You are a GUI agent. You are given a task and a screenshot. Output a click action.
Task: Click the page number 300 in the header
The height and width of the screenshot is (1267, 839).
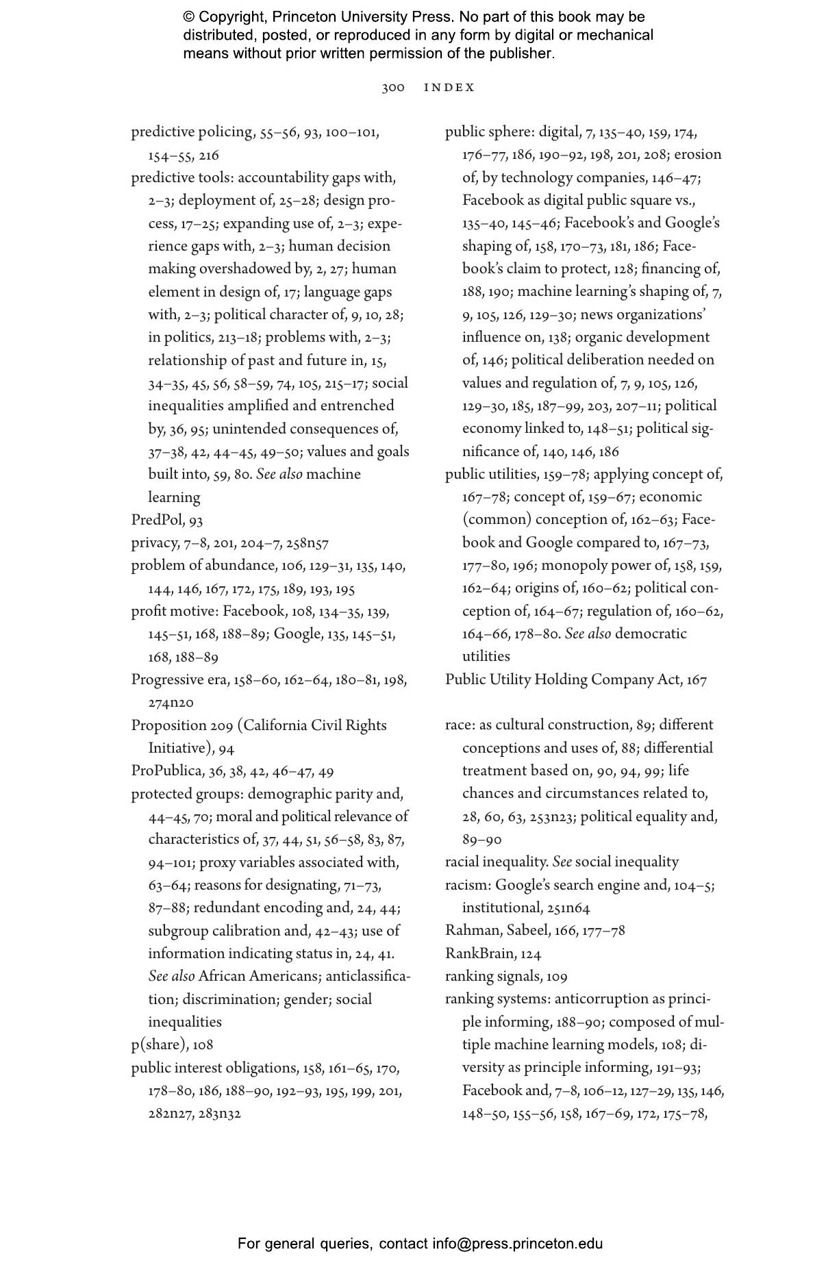(393, 88)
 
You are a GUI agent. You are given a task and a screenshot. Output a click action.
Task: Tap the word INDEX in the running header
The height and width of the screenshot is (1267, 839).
(449, 88)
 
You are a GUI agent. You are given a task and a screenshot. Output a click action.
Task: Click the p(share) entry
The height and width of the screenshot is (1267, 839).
(159, 1045)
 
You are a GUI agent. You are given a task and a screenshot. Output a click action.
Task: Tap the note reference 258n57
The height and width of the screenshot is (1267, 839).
(307, 544)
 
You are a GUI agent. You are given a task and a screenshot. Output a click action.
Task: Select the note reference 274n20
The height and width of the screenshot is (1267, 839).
(171, 703)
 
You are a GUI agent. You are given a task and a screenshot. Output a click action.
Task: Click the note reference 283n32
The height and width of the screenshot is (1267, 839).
(220, 1114)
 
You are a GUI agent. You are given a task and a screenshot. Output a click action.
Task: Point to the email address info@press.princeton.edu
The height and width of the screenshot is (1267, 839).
(517, 1244)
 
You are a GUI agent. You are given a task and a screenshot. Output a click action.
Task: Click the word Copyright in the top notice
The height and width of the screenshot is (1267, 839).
(232, 17)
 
